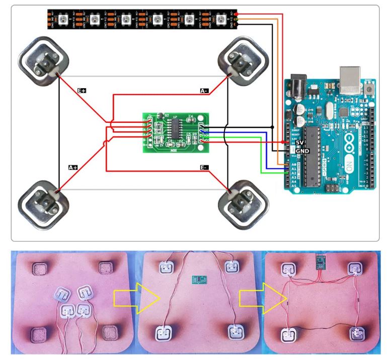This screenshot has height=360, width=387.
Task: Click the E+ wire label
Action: click(82, 91)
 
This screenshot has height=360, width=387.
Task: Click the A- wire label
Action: click(204, 91)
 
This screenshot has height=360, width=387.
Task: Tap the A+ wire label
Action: click(73, 167)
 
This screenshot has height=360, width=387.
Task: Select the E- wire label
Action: click(204, 167)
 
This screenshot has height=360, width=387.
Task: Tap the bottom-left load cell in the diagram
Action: click(41, 203)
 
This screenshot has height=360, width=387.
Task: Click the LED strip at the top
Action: click(141, 20)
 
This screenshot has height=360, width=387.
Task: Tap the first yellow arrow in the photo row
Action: click(125, 301)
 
